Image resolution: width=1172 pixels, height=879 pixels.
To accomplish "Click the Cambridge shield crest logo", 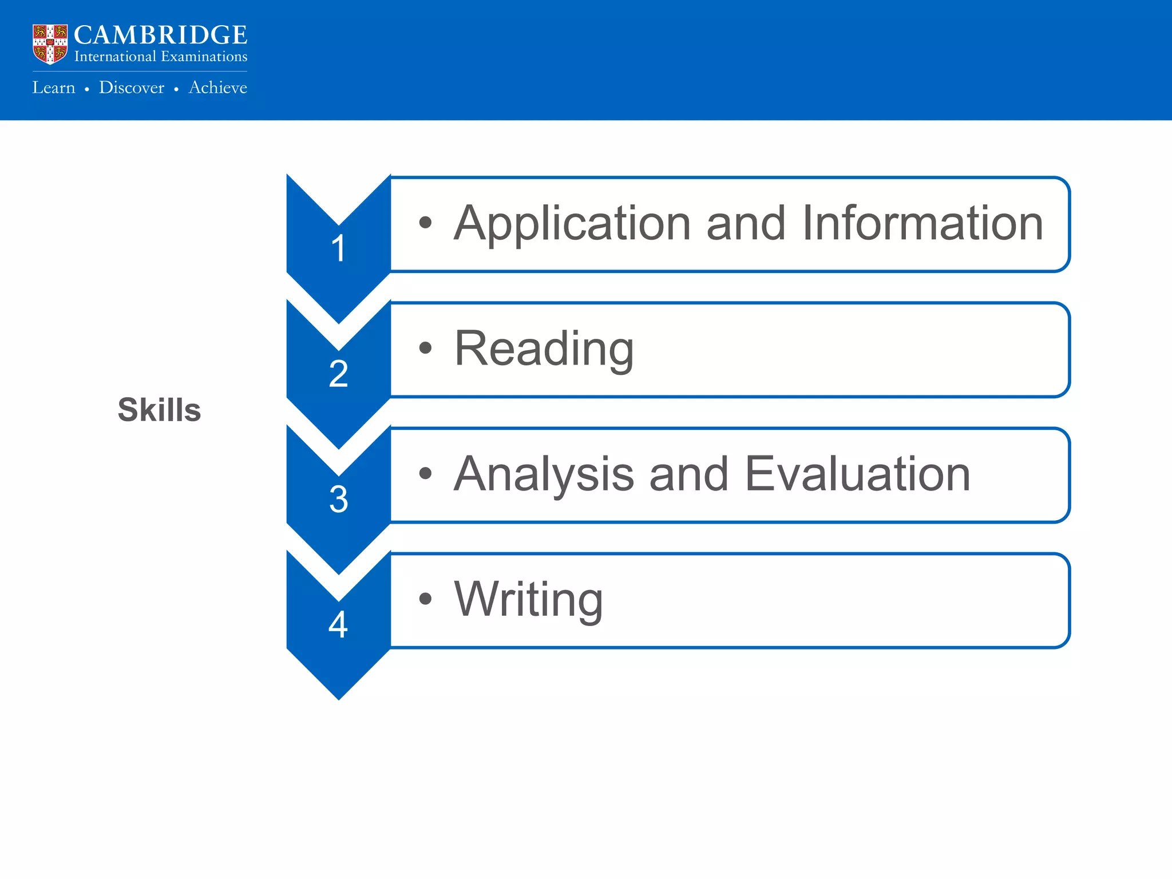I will [x=50, y=43].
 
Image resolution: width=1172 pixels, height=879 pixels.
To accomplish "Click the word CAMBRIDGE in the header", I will [x=160, y=35].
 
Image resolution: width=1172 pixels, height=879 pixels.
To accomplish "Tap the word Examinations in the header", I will [x=204, y=57].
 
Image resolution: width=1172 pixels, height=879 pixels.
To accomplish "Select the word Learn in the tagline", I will [x=54, y=88].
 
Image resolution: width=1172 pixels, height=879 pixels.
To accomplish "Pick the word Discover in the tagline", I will [x=132, y=88].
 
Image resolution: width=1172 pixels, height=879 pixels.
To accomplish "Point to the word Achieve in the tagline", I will [x=218, y=88].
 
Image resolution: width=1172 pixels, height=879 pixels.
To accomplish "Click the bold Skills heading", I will [x=159, y=410].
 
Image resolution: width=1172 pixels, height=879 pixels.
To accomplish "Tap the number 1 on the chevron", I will [x=338, y=249].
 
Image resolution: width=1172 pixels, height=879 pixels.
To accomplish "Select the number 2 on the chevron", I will [x=338, y=374].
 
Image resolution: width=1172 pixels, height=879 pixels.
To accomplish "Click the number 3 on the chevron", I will [x=338, y=500].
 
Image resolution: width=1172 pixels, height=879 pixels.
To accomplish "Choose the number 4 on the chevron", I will [x=338, y=625].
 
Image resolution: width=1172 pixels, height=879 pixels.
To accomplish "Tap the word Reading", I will [x=544, y=349].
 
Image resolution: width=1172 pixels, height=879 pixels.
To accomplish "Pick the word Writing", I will [x=528, y=600].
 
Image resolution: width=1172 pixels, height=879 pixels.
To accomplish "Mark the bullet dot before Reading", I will [x=425, y=347].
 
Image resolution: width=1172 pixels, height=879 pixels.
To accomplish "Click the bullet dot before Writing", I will [x=425, y=599].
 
